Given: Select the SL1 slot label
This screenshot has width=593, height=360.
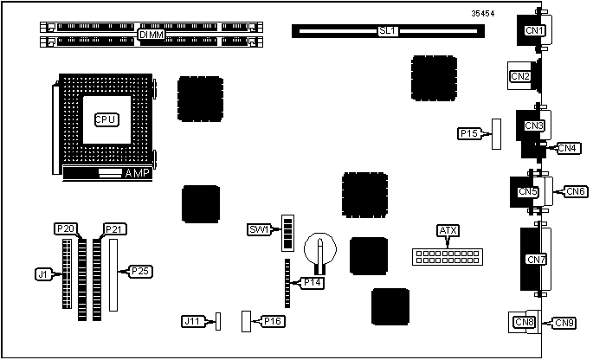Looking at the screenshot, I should pyautogui.click(x=387, y=30).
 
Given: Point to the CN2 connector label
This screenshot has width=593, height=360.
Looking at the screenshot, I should pyautogui.click(x=519, y=76).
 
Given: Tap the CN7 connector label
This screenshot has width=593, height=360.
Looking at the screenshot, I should pyautogui.click(x=536, y=258).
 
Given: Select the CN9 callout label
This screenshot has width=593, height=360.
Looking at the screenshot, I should pyautogui.click(x=564, y=323).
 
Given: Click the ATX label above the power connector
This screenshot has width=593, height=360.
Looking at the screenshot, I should pyautogui.click(x=448, y=230).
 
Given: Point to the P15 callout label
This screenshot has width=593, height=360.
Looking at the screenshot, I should pyautogui.click(x=469, y=133).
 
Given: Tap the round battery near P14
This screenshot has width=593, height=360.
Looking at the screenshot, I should pyautogui.click(x=319, y=250).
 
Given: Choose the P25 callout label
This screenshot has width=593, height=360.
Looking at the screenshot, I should pyautogui.click(x=139, y=271).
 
